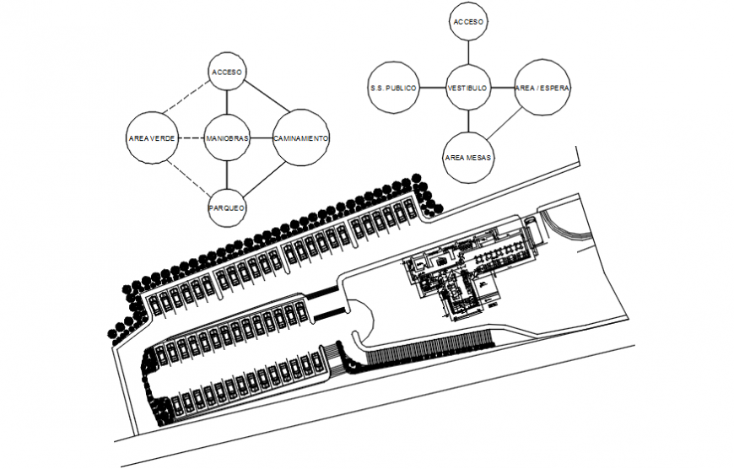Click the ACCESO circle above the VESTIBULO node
[x=467, y=24]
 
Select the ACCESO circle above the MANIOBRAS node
[x=227, y=73]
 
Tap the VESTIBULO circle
[x=467, y=88]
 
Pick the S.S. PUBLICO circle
[x=393, y=87]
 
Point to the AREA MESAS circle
[x=468, y=158]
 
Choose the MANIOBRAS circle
[x=227, y=138]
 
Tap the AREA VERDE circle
[x=153, y=138]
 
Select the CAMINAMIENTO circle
[x=301, y=138]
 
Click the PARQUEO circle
[x=227, y=206]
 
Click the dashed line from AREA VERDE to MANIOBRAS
[x=191, y=138]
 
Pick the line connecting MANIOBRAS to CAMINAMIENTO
[x=262, y=138]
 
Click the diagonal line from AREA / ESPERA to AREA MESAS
[x=506, y=126]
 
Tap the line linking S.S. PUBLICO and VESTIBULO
[x=432, y=88]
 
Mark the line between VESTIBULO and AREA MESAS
[x=467, y=121]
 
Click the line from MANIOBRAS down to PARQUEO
[x=227, y=175]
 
